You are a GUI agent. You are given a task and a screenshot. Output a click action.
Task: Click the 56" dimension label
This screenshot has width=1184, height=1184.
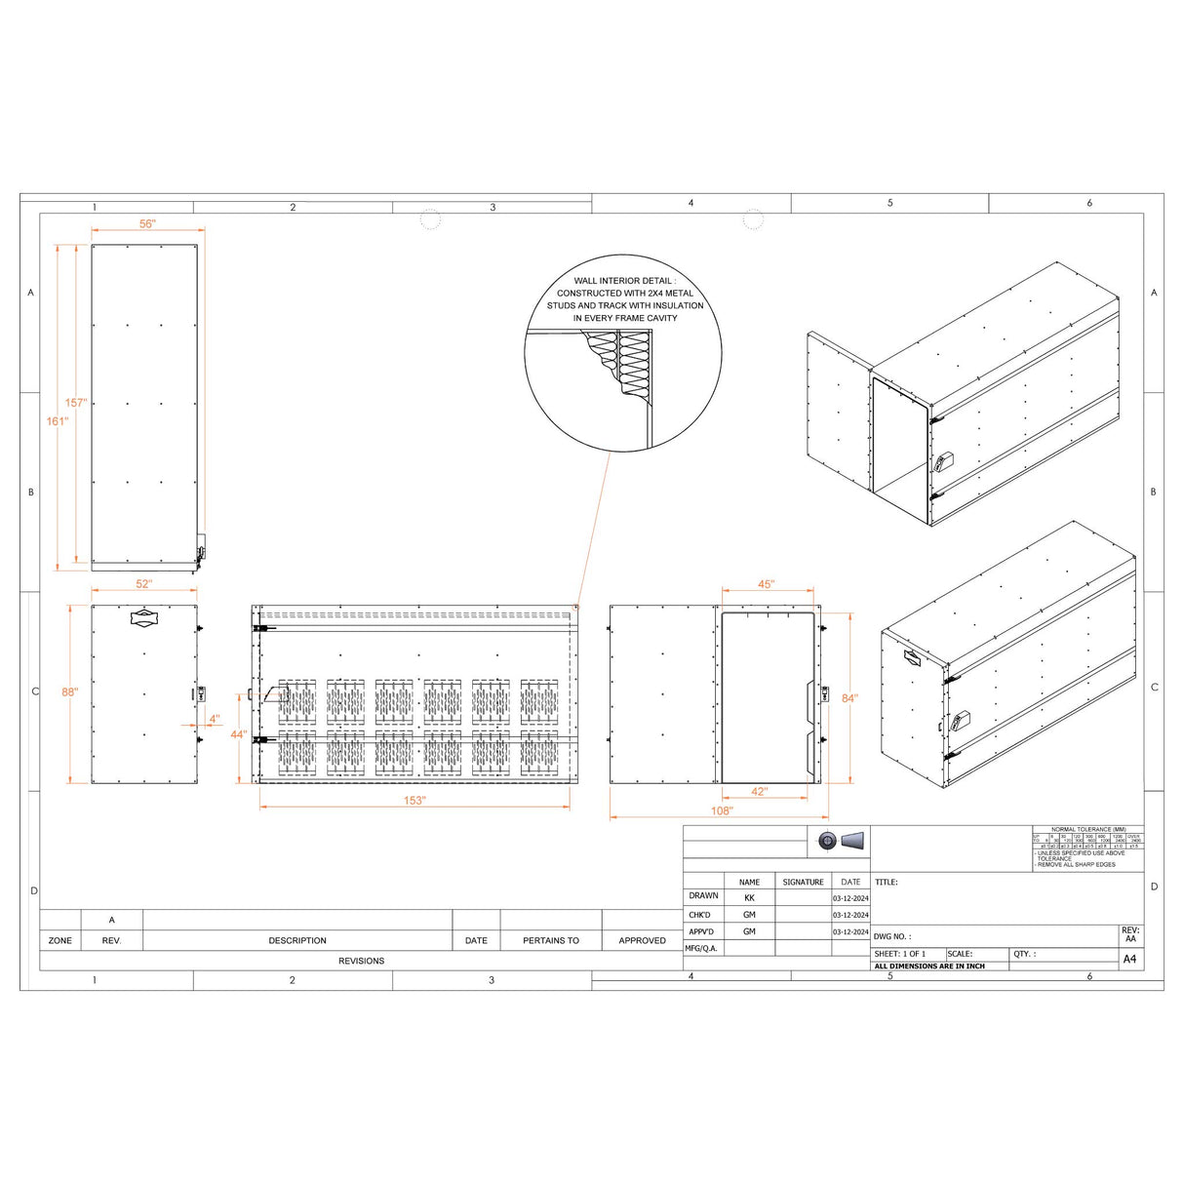(146, 224)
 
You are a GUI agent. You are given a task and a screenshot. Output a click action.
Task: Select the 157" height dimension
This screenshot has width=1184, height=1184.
(75, 403)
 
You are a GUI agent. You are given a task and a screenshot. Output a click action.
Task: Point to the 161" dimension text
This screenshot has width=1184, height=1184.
(58, 421)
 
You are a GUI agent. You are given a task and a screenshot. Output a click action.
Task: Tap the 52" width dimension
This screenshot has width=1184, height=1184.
(143, 584)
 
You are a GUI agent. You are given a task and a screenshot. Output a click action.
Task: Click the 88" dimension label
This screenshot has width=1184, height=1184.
(69, 692)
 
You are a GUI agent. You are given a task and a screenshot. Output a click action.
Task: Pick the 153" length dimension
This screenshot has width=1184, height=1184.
(414, 801)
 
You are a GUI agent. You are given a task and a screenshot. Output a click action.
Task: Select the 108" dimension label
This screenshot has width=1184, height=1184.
(721, 811)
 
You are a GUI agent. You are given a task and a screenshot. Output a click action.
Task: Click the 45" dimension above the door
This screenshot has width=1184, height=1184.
(766, 584)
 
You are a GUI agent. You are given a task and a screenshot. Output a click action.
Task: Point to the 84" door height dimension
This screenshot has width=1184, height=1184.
(849, 698)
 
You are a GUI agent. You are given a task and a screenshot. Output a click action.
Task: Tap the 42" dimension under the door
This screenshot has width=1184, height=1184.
(759, 792)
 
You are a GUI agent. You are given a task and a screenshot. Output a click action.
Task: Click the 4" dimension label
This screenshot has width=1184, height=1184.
(215, 719)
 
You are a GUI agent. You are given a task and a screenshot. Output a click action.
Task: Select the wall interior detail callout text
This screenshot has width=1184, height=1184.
(624, 299)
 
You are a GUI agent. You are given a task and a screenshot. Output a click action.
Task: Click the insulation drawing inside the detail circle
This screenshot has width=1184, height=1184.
(633, 362)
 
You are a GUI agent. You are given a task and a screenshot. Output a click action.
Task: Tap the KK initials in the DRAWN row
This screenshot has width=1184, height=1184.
(749, 897)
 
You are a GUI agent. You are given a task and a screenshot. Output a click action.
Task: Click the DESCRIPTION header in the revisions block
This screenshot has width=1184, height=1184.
(297, 941)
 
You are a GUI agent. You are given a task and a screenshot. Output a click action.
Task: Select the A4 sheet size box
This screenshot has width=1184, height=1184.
(1129, 960)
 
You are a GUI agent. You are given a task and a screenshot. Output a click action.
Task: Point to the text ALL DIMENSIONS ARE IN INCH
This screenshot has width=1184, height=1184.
(929, 967)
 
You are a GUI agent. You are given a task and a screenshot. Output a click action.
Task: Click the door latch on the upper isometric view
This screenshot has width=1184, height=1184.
(945, 460)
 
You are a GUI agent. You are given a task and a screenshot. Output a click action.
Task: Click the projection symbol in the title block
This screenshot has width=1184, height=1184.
(841, 841)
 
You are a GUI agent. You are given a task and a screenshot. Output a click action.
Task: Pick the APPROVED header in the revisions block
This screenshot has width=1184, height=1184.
(642, 941)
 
